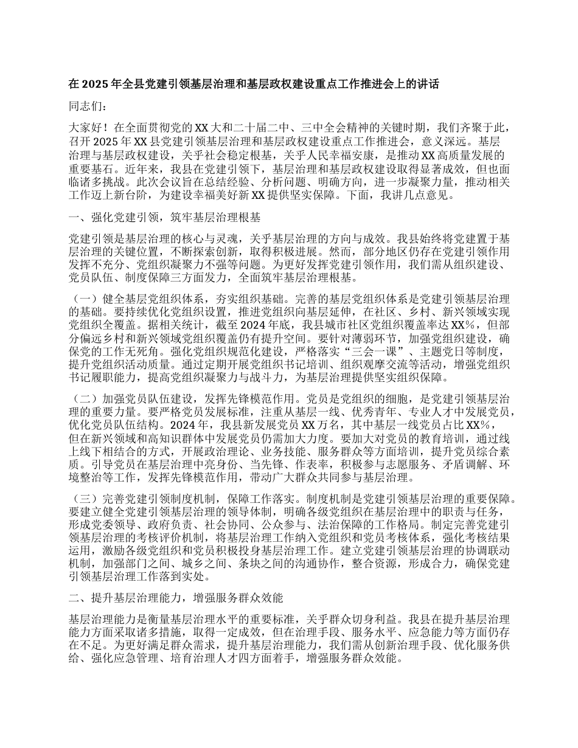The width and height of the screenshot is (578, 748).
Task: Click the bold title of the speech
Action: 254,85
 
